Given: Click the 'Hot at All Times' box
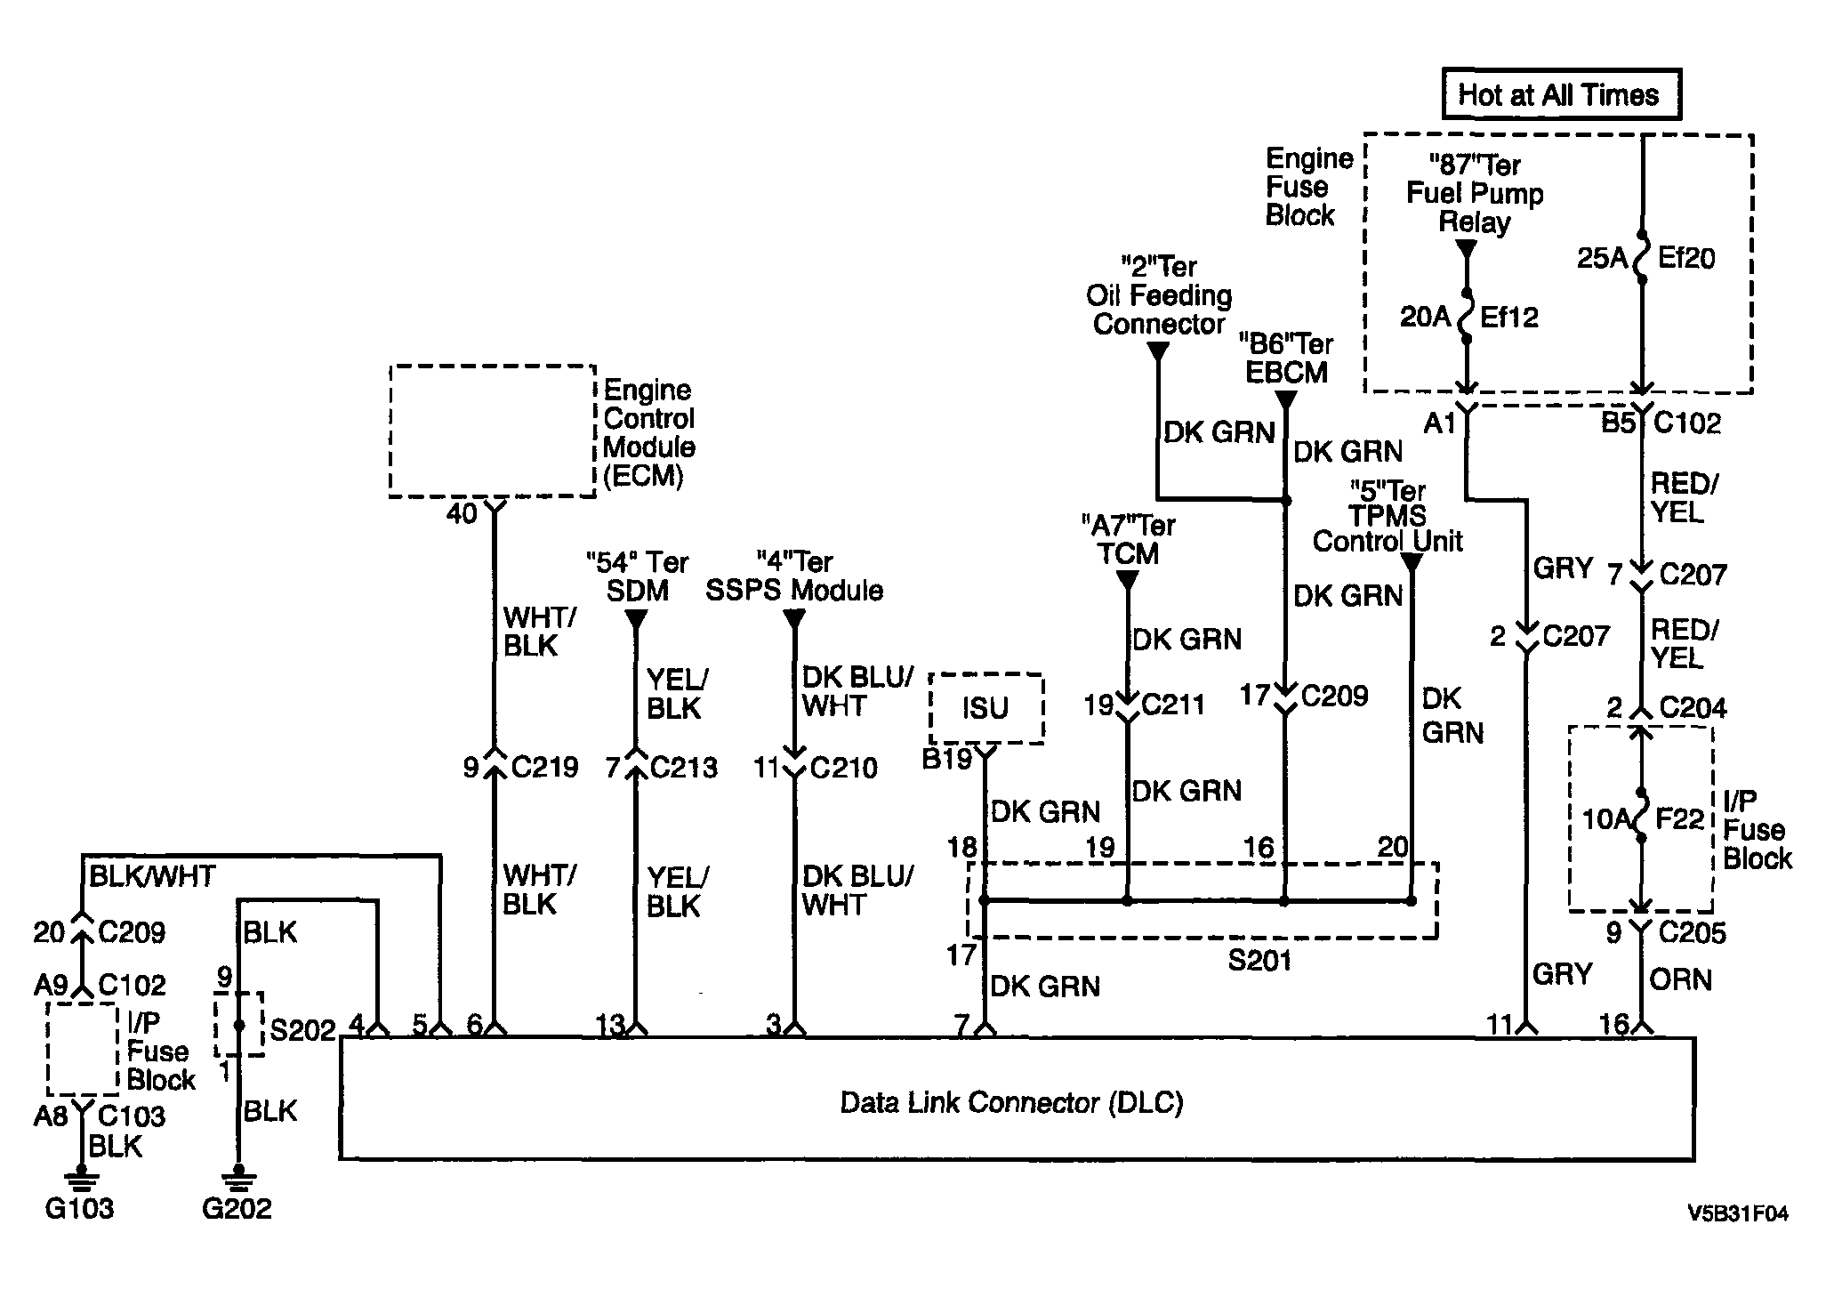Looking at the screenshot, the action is (1561, 94).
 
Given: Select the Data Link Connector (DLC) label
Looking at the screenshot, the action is (1012, 1103).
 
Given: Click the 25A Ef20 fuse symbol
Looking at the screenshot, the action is (1643, 257).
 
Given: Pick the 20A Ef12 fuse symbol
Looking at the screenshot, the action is (1466, 317).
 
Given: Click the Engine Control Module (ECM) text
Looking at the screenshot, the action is (649, 433).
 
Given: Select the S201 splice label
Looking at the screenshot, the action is (1259, 960).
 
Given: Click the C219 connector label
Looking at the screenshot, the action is (545, 767).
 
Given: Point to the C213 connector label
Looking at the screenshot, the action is (684, 767).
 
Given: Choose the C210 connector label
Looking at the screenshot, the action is (843, 767).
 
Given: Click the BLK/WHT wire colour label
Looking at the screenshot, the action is (152, 876).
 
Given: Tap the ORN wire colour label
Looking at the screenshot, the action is (1680, 979).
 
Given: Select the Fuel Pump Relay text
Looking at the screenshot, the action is (1475, 207).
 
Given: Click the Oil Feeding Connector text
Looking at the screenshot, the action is (1159, 309).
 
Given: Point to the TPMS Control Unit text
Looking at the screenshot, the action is (1388, 528).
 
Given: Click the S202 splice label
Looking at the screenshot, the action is (303, 1030).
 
